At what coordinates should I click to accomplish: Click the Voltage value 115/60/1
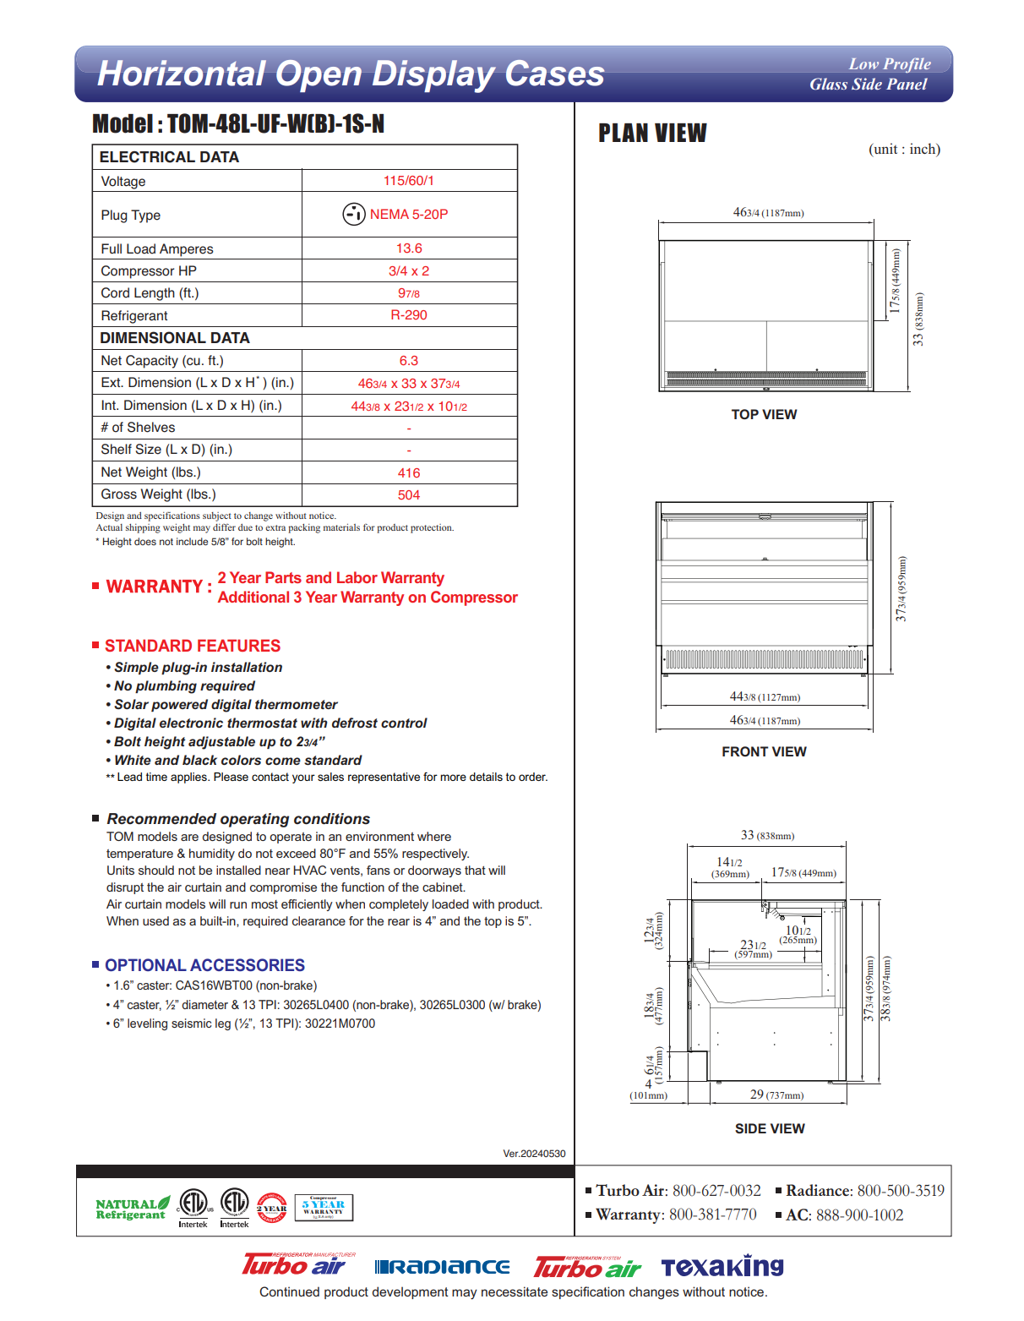pyautogui.click(x=409, y=181)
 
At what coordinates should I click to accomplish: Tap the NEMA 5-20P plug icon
pyautogui.click(x=353, y=215)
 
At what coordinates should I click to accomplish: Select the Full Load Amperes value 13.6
pyautogui.click(x=409, y=248)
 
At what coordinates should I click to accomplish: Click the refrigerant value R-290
pyautogui.click(x=409, y=315)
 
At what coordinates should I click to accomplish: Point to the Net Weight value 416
pyautogui.click(x=409, y=473)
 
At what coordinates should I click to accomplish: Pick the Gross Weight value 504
pyautogui.click(x=409, y=495)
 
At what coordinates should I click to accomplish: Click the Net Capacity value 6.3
pyautogui.click(x=409, y=361)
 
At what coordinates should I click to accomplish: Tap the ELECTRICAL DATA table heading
pyautogui.click(x=169, y=157)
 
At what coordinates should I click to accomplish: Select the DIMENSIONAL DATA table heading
pyautogui.click(x=175, y=338)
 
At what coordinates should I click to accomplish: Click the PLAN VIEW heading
pyautogui.click(x=652, y=134)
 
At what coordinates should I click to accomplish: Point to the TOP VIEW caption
pyautogui.click(x=764, y=415)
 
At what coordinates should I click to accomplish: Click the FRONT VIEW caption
pyautogui.click(x=764, y=752)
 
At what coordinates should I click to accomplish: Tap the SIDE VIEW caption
pyautogui.click(x=770, y=1129)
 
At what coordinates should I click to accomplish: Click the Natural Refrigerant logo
pyautogui.click(x=133, y=1209)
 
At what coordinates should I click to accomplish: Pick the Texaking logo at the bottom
pyautogui.click(x=722, y=1267)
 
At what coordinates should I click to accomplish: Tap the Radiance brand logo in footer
pyautogui.click(x=442, y=1267)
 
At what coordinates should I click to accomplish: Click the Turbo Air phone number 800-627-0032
pyautogui.click(x=716, y=1191)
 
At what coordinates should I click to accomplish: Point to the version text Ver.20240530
pyautogui.click(x=534, y=1154)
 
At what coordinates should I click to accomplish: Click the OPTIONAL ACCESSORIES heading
pyautogui.click(x=204, y=966)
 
